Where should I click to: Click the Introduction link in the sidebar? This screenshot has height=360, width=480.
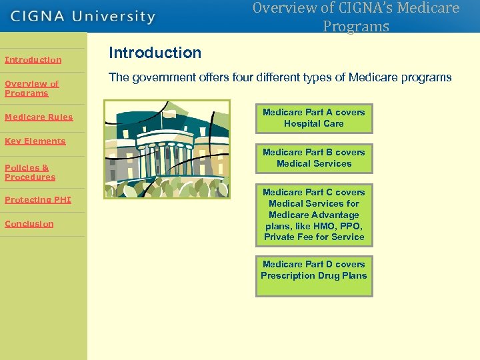click(x=33, y=60)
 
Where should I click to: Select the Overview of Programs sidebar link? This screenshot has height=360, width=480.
click(x=31, y=89)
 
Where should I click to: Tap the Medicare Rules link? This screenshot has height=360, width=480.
click(x=39, y=117)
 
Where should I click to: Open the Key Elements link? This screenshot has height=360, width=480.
click(x=35, y=141)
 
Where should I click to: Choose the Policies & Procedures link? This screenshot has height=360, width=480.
click(x=30, y=172)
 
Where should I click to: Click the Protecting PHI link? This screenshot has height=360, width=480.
click(x=37, y=200)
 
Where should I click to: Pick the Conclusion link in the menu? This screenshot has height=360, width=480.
click(x=29, y=224)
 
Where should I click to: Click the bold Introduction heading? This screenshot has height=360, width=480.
click(x=155, y=53)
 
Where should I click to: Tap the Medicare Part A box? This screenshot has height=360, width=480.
click(x=313, y=118)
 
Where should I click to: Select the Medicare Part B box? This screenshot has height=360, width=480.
click(x=313, y=158)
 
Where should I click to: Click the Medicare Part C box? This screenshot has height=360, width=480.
click(x=313, y=214)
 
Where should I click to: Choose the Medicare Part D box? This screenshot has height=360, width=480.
click(x=313, y=275)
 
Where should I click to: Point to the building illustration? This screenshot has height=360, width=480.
click(x=167, y=149)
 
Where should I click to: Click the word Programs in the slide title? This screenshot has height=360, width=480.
click(x=355, y=27)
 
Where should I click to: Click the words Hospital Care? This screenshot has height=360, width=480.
click(x=313, y=124)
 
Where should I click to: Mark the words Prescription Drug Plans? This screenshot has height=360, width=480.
click(x=313, y=275)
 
